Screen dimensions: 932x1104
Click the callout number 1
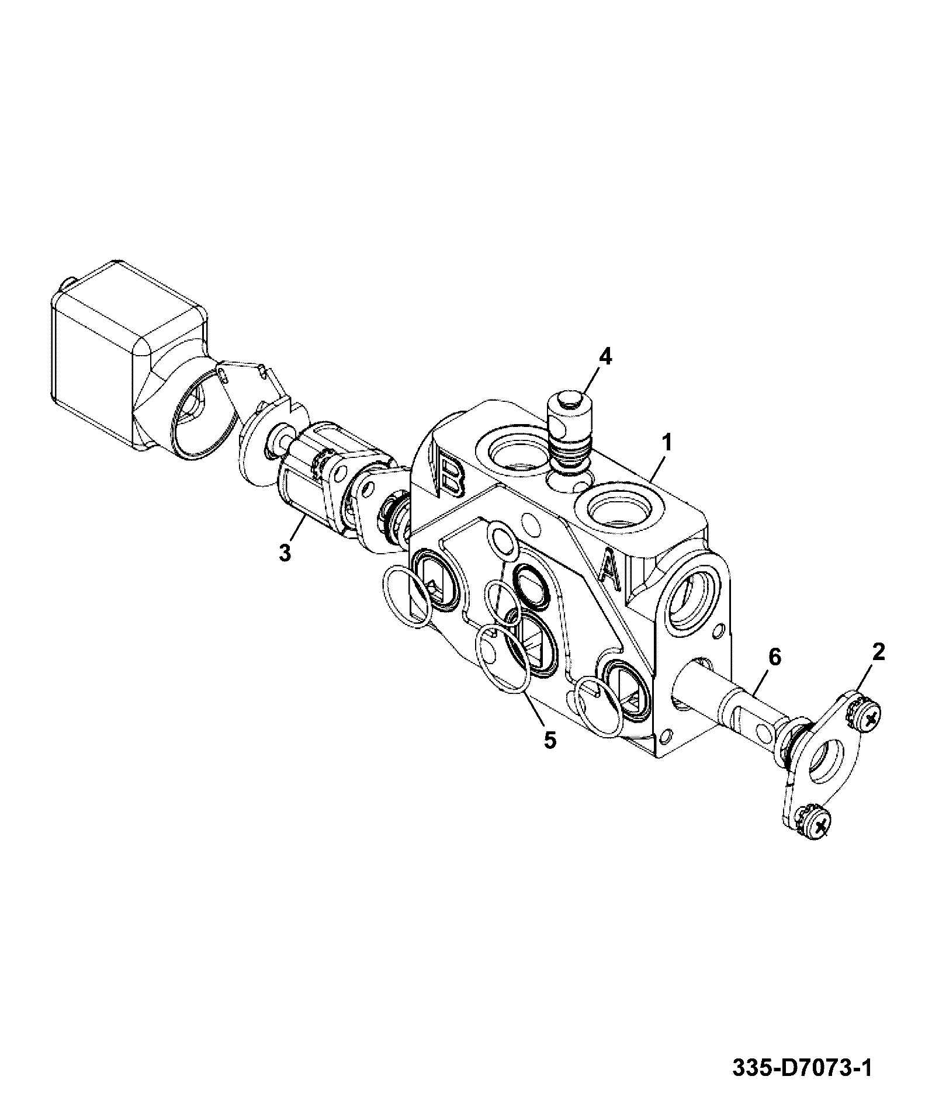(666, 442)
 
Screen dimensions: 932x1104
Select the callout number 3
(285, 552)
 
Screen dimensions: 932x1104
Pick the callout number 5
(550, 740)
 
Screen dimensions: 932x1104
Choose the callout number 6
(774, 657)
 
